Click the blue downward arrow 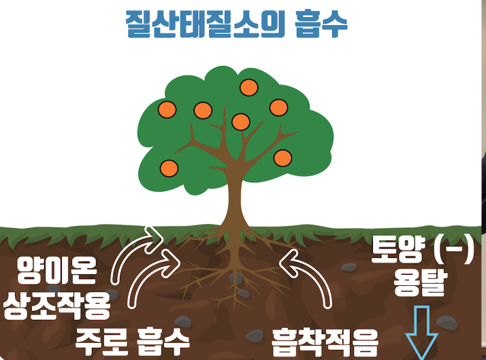pos(422,332)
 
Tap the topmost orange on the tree pos(249,88)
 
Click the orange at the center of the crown pos(240,122)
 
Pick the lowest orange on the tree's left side pos(169,167)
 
